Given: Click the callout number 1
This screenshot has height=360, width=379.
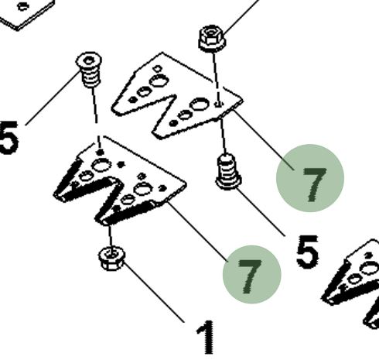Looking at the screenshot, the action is [x=206, y=337].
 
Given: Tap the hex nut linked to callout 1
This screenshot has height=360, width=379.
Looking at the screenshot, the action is [x=111, y=259].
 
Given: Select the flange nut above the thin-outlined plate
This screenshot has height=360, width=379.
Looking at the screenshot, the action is [x=212, y=39].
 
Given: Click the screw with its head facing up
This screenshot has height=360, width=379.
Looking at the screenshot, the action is [x=89, y=70].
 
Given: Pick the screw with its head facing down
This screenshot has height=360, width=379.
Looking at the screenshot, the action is [x=228, y=172].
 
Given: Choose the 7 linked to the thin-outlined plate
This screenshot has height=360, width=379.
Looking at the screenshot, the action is [x=314, y=184].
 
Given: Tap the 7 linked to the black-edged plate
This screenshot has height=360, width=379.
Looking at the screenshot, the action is [x=249, y=276].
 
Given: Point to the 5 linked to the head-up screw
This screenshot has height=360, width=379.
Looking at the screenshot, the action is [x=9, y=138].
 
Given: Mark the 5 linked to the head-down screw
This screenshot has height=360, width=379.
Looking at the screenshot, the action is [x=307, y=252].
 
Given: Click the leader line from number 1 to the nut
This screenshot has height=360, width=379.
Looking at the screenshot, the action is [x=154, y=292].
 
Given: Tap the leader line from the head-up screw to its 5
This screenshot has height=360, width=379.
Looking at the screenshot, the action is [x=53, y=98].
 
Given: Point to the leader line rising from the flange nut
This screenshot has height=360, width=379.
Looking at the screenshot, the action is [x=241, y=17].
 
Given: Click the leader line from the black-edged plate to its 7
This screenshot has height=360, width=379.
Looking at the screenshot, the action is [x=197, y=231].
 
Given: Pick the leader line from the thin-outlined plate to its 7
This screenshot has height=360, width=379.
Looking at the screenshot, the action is [x=265, y=139].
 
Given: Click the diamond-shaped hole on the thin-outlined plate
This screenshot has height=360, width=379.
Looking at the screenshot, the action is [x=157, y=69].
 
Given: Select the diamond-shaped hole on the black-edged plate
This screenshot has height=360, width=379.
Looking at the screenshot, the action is [x=142, y=177].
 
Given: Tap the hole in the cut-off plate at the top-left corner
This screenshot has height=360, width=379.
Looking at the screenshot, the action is [x=22, y=6].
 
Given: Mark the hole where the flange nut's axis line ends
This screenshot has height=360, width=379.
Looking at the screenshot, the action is [x=219, y=104].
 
